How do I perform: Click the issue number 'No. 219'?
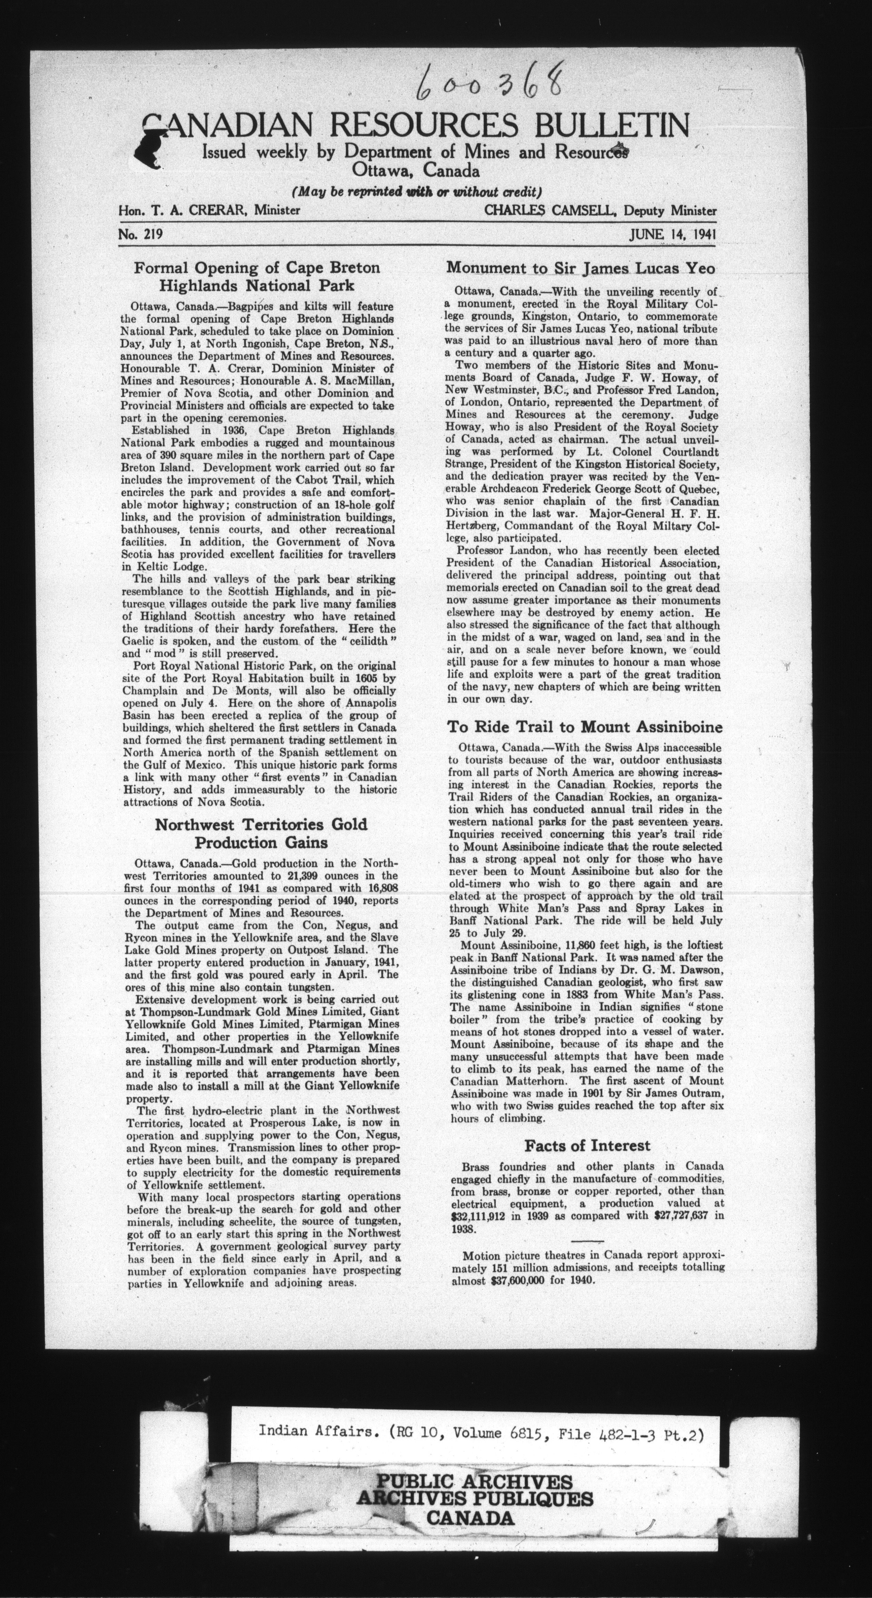point(140,235)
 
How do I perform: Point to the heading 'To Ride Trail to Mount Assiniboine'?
point(585,727)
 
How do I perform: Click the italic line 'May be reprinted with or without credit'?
point(416,190)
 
